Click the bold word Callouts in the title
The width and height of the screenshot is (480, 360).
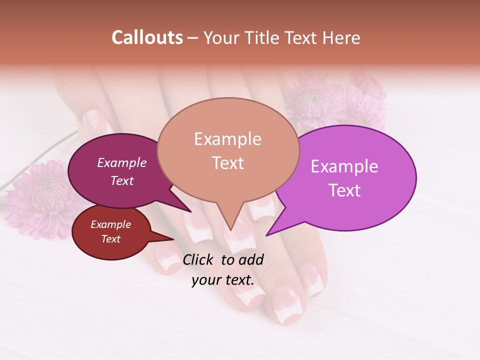click(x=147, y=37)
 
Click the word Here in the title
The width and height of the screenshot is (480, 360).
click(x=341, y=37)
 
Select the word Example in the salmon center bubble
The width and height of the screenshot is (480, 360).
click(x=227, y=139)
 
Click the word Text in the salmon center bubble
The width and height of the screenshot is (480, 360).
click(x=227, y=162)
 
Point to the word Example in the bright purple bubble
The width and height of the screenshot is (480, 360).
click(x=344, y=166)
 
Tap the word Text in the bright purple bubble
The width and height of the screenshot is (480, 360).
click(x=344, y=190)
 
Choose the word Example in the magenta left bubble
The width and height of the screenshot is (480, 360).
click(x=121, y=162)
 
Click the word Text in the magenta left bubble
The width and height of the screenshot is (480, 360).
click(x=121, y=180)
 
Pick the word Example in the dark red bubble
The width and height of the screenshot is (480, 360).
click(x=110, y=224)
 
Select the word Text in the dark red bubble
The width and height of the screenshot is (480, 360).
click(x=110, y=239)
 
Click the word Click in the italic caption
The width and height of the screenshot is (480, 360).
click(x=199, y=259)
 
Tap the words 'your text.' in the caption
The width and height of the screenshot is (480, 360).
click(x=223, y=280)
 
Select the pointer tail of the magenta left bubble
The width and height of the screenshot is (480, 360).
click(x=189, y=211)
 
